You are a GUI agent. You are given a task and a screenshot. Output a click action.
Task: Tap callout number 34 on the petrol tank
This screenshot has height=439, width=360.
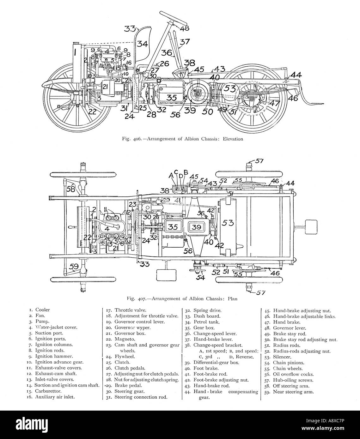pyautogui.click(x=142, y=44)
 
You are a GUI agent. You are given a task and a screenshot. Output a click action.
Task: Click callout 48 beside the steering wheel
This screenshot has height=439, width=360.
pyautogui.click(x=185, y=28)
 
